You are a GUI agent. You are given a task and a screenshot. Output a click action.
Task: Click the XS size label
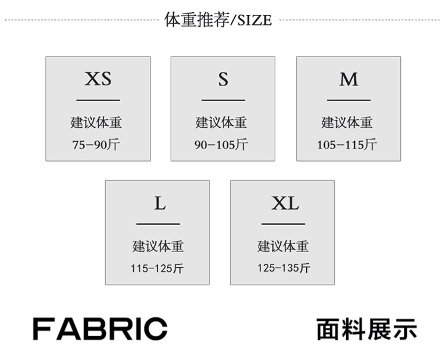point(98,78)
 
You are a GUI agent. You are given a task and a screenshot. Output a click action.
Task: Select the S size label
point(223,79)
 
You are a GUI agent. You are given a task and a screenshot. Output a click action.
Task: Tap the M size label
point(348,79)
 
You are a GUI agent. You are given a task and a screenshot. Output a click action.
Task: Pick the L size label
point(160,203)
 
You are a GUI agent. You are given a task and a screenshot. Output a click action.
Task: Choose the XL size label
point(285,203)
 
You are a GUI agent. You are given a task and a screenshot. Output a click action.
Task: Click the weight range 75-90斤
point(96,144)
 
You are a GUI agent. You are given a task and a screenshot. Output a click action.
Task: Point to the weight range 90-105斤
point(221,144)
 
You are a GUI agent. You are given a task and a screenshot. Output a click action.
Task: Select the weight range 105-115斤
point(347,144)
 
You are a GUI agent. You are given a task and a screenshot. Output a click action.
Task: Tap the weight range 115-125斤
point(157,269)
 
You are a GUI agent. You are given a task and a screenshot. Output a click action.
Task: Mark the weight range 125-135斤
point(284,268)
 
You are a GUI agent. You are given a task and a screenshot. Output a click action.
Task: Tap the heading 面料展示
point(367,329)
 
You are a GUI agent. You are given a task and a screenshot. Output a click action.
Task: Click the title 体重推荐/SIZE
point(218,20)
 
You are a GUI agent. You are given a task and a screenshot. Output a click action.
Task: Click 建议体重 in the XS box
point(96,123)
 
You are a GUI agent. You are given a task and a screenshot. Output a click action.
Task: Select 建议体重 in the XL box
point(283,247)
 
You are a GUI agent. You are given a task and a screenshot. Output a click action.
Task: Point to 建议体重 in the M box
point(347,123)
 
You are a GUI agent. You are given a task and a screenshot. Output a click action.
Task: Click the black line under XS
point(98,100)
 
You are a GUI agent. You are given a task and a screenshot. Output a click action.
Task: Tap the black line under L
point(158,224)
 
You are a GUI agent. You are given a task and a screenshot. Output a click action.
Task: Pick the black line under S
point(223,100)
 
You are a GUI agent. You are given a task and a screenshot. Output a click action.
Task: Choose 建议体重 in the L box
point(158,247)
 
